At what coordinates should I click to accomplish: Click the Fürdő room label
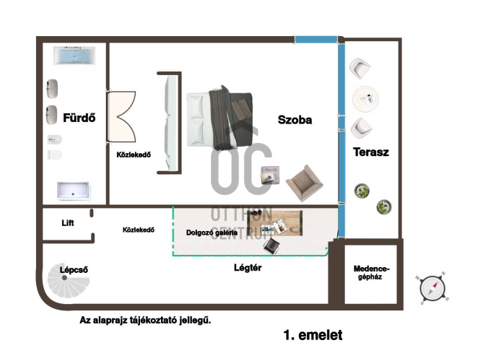pyautogui.click(x=79, y=118)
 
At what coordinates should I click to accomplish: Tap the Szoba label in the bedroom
pyautogui.click(x=295, y=120)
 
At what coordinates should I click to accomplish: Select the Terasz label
pyautogui.click(x=371, y=152)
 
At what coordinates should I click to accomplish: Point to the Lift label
pyautogui.click(x=68, y=222)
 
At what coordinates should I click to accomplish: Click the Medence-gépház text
pyautogui.click(x=372, y=273)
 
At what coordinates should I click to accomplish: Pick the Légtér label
pyautogui.click(x=248, y=267)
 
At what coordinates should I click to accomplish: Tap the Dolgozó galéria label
pyautogui.click(x=212, y=232)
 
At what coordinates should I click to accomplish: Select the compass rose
pyautogui.click(x=432, y=289)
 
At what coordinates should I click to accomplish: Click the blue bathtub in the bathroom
pyautogui.click(x=74, y=56)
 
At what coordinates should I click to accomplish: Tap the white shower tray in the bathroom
pyautogui.click(x=74, y=191)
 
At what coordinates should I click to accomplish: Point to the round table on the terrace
pyautogui.click(x=365, y=99)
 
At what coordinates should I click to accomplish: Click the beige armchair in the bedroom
pyautogui.click(x=305, y=183)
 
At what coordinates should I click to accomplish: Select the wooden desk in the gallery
pyautogui.click(x=275, y=223)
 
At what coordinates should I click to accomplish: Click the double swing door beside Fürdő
pyautogui.click(x=121, y=116)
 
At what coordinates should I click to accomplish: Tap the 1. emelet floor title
pyautogui.click(x=313, y=335)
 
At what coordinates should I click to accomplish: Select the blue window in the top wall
pyautogui.click(x=316, y=40)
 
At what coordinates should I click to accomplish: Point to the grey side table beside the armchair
pyautogui.click(x=270, y=175)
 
